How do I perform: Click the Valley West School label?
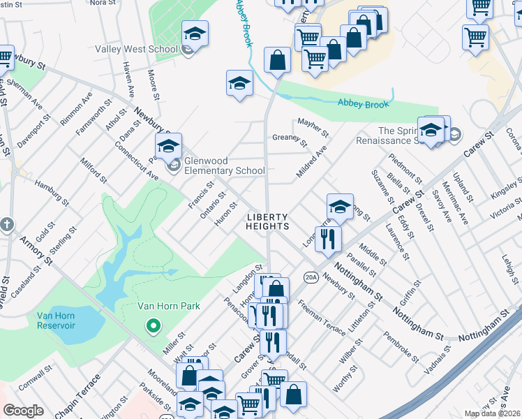136,50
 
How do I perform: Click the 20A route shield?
311,277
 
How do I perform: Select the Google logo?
23,411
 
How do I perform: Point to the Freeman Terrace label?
321,314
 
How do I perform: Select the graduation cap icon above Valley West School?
195,33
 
